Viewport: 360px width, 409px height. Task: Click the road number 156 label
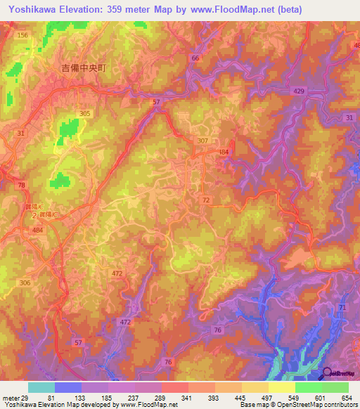coord(23,35)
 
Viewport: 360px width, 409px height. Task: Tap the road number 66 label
coord(195,58)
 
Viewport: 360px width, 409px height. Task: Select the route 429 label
coord(299,92)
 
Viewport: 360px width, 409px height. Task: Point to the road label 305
coord(85,113)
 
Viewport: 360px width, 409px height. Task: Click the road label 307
coord(203,141)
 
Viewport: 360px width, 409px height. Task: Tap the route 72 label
coord(206,201)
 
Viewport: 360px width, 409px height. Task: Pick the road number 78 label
coord(21,185)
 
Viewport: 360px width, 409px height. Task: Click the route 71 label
coord(342,308)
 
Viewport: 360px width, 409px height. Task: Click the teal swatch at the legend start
coord(41,387)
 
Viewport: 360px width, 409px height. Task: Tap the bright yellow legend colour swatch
coord(281,387)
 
